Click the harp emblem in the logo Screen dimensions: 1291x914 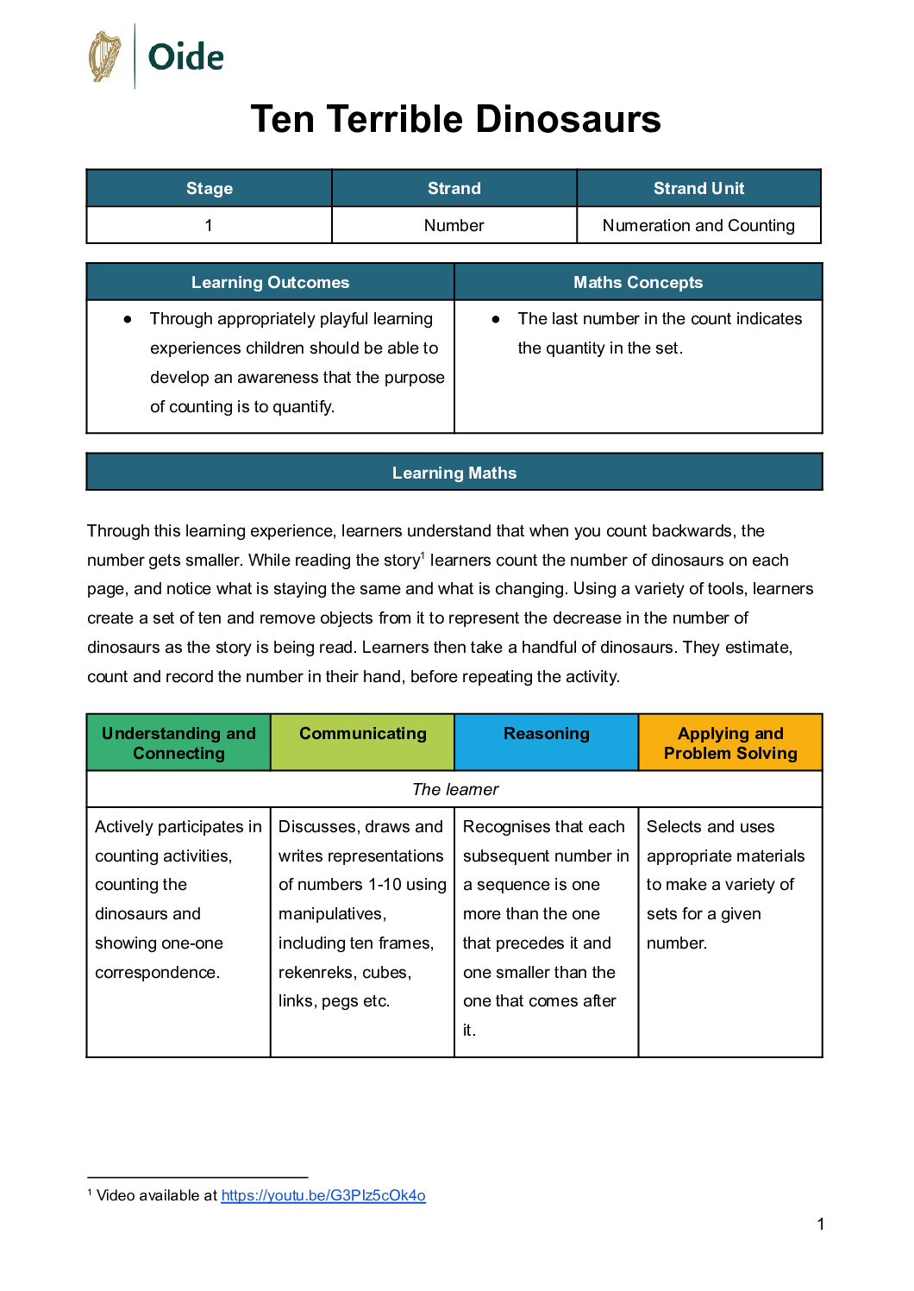point(105,56)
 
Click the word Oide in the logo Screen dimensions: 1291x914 point(185,58)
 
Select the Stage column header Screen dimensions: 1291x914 point(210,188)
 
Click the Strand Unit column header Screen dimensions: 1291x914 point(698,188)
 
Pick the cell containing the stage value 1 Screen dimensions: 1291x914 point(209,225)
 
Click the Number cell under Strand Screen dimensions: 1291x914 point(454,225)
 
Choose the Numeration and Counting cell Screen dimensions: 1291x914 point(698,225)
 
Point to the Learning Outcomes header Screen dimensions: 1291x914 point(270,282)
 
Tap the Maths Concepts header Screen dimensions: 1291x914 point(638,282)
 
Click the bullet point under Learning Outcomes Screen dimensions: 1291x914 point(128,319)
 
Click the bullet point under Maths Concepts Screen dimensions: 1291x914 point(496,319)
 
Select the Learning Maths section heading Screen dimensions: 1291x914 point(454,473)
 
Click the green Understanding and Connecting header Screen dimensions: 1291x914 point(178,743)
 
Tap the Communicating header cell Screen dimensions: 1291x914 point(363,733)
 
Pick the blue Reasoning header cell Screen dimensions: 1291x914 point(547,733)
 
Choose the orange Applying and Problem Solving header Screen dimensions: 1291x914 point(730,743)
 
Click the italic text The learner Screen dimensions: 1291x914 point(455,789)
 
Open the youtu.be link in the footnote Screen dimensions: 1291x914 point(323,1195)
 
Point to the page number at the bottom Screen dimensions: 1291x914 point(821,1224)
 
